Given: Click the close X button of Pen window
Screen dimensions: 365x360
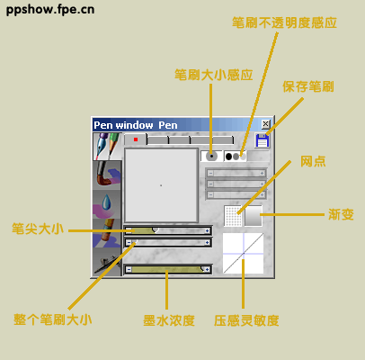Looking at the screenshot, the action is pyautogui.click(x=265, y=124).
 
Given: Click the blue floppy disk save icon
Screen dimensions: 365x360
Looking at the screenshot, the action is pyautogui.click(x=263, y=140).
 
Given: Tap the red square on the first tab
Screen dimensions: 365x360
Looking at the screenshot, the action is pyautogui.click(x=136, y=139).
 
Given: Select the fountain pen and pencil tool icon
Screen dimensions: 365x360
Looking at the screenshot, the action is pyautogui.click(x=108, y=147).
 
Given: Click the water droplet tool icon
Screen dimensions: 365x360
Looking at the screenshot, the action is pyautogui.click(x=107, y=204).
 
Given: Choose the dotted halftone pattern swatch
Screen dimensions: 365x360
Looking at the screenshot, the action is pyautogui.click(x=233, y=216).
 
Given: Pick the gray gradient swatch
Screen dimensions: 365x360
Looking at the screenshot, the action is pyautogui.click(x=254, y=216).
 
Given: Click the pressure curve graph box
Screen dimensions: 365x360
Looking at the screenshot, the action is pyautogui.click(x=244, y=253).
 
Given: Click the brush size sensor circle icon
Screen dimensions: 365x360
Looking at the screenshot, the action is pyautogui.click(x=211, y=157).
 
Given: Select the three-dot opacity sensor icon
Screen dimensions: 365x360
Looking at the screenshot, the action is pyautogui.click(x=236, y=157).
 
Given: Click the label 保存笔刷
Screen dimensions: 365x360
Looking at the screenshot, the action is pyautogui.click(x=308, y=86).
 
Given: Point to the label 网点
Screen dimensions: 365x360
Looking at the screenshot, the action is pyautogui.click(x=313, y=161).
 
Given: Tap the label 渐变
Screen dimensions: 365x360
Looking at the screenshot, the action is pyautogui.click(x=341, y=214).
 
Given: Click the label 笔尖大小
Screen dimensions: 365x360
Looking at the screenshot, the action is pyautogui.click(x=38, y=229).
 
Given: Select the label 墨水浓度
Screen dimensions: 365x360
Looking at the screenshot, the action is pyautogui.click(x=169, y=320).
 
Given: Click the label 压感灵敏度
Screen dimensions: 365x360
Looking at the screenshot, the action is pyautogui.click(x=246, y=320).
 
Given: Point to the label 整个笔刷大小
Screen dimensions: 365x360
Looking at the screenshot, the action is pyautogui.click(x=53, y=319).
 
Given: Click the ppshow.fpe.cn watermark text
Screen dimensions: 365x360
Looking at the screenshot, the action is pyautogui.click(x=50, y=10).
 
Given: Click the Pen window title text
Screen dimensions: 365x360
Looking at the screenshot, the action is pyautogui.click(x=136, y=125).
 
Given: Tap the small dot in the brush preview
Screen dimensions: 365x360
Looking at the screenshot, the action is pyautogui.click(x=161, y=185).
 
